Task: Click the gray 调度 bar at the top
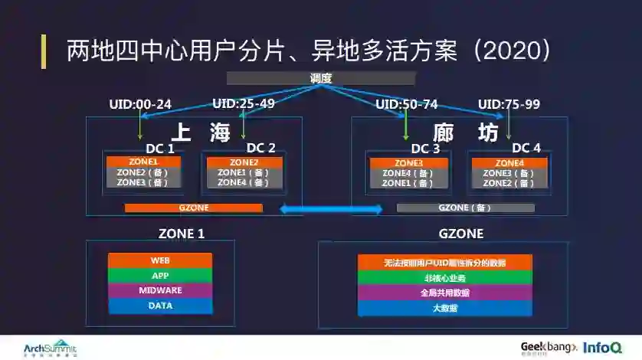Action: coord(320,78)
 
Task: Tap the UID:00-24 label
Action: coord(139,104)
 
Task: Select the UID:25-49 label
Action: coord(243,103)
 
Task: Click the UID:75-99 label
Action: coord(509,104)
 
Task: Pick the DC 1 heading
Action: coord(159,148)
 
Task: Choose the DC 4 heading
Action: coord(526,147)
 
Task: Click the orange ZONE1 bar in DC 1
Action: coord(143,162)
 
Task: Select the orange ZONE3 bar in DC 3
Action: coord(408,163)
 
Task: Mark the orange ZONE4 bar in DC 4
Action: coord(509,163)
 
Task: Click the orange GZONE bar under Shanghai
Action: coord(193,208)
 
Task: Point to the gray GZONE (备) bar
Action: coord(464,208)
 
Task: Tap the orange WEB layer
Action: coord(160,260)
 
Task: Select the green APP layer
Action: coord(160,276)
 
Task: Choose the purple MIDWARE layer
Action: coord(160,291)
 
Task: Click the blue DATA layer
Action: coord(160,306)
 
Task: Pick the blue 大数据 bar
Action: coord(444,308)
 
